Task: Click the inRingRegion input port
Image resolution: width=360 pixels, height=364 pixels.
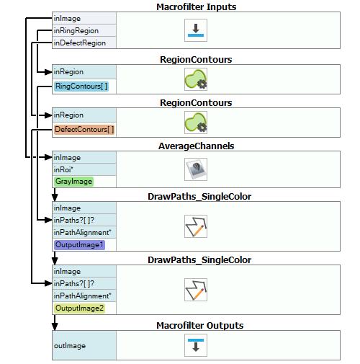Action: (76, 31)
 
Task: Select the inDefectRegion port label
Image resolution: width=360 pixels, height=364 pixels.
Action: (80, 43)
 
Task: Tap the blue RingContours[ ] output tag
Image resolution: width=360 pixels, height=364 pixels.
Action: (81, 86)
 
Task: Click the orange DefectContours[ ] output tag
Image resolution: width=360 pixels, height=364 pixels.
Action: (84, 130)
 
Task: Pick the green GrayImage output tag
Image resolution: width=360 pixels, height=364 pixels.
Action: (73, 182)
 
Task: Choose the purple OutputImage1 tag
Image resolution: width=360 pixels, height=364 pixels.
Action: (79, 245)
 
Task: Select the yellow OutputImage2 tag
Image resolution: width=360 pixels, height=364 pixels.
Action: (79, 308)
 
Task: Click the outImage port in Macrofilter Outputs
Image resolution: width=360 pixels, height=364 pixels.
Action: (70, 345)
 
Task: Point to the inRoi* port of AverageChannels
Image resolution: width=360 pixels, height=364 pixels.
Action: (63, 169)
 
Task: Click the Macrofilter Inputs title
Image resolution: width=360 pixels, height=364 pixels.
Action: (197, 6)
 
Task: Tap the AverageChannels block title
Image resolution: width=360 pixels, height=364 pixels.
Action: (197, 146)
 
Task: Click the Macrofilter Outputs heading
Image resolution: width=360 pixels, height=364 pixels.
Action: (200, 326)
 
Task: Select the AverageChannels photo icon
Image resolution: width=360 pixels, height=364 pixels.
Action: (196, 169)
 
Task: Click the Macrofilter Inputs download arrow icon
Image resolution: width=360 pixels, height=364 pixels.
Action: (196, 30)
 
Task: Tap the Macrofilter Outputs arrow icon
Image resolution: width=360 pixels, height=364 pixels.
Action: (196, 345)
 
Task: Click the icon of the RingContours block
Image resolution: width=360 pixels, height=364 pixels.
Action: (196, 79)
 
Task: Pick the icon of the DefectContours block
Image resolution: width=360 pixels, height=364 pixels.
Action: (196, 123)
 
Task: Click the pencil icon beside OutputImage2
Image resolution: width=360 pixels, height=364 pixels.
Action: (196, 290)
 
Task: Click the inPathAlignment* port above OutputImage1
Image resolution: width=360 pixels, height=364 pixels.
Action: (83, 233)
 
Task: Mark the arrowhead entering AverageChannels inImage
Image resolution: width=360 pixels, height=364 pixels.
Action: (48, 157)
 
